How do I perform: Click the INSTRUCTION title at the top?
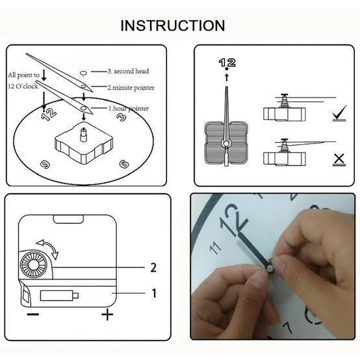(x=173, y=26)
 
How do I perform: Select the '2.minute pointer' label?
(x=131, y=87)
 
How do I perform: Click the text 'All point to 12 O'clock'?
(x=24, y=80)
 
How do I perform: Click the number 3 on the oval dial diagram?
(x=120, y=118)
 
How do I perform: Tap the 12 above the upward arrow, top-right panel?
(x=227, y=62)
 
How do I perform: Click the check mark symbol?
(x=339, y=116)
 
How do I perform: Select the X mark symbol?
(x=339, y=159)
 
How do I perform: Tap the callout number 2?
(x=153, y=267)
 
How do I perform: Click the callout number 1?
(x=153, y=293)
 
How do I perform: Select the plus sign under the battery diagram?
(x=107, y=315)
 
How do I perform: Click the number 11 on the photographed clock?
(x=216, y=247)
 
